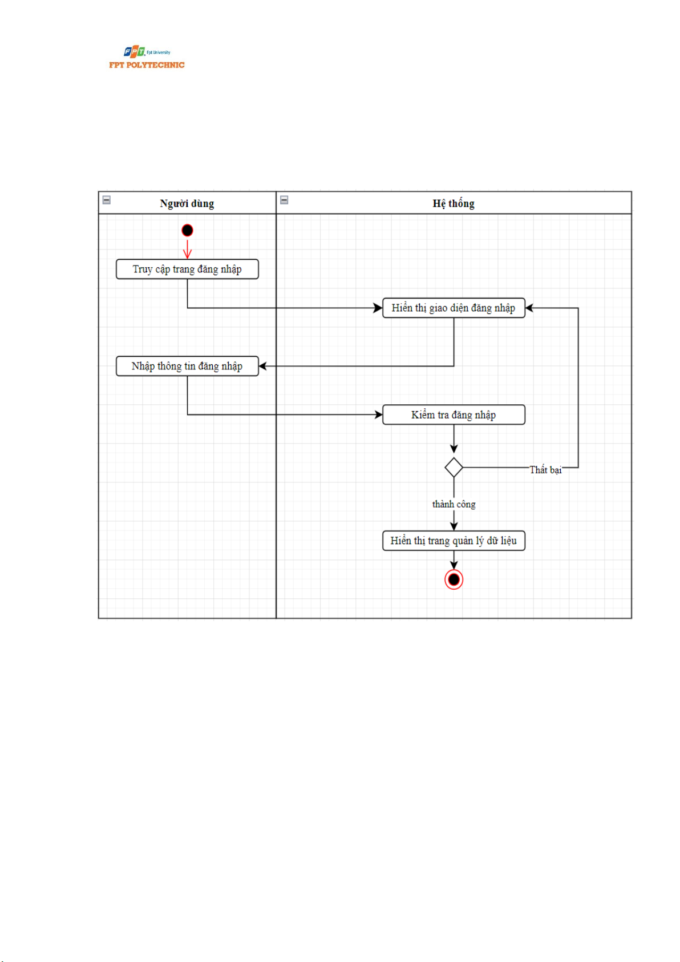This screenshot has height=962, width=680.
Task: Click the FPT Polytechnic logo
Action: [147, 58]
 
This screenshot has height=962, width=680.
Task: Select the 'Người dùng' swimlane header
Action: [187, 203]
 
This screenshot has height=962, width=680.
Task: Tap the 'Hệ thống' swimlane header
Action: [454, 203]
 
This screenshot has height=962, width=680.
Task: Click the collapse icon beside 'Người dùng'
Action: [107, 200]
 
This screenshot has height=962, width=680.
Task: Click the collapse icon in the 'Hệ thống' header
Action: [284, 200]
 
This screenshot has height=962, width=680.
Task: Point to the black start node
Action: [187, 230]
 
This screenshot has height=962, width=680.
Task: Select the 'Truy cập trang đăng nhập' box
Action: [187, 269]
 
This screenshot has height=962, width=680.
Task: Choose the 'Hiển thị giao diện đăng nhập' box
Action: [454, 308]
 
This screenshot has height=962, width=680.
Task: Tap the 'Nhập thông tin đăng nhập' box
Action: [187, 366]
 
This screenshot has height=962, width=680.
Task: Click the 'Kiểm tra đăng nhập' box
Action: [454, 415]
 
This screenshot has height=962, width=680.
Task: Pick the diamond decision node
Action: [454, 468]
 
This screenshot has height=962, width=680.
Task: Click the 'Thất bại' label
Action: [545, 470]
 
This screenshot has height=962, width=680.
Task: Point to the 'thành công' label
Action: [454, 504]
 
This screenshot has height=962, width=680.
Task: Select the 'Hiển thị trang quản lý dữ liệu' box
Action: [454, 541]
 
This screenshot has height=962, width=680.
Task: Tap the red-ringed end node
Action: [454, 579]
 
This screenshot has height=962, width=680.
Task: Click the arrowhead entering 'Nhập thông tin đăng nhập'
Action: [263, 366]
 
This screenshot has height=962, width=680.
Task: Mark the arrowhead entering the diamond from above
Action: [454, 449]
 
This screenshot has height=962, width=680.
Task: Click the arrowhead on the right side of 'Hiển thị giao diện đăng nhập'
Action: [529, 308]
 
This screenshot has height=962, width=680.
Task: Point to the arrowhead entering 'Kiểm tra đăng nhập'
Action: [378, 415]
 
